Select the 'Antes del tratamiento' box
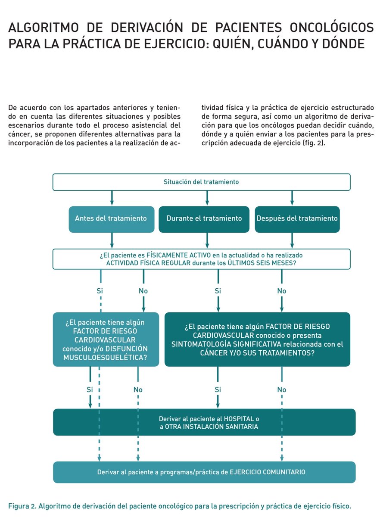111,218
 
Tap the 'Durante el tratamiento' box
204,218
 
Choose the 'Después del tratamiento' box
297,218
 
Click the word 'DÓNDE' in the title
343,44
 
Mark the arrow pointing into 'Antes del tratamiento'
112,198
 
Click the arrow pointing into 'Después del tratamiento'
293,198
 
